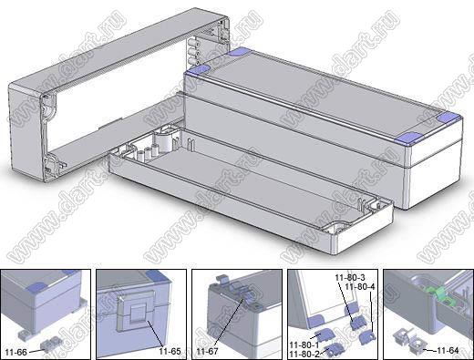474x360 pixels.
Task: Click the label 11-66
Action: tap(16, 353)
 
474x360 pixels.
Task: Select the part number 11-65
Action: tap(170, 351)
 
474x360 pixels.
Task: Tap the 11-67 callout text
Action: tap(208, 352)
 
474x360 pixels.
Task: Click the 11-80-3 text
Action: tap(350, 277)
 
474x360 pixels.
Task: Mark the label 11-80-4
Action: tap(360, 286)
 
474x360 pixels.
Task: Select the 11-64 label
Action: tap(448, 350)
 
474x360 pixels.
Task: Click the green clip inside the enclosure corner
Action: tap(438, 295)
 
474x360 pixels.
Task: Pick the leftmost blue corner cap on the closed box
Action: tap(198, 70)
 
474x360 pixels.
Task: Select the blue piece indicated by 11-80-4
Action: tap(367, 336)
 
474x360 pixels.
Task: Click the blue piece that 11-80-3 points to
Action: tap(358, 323)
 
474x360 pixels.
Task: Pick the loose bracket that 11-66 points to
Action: tap(51, 345)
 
